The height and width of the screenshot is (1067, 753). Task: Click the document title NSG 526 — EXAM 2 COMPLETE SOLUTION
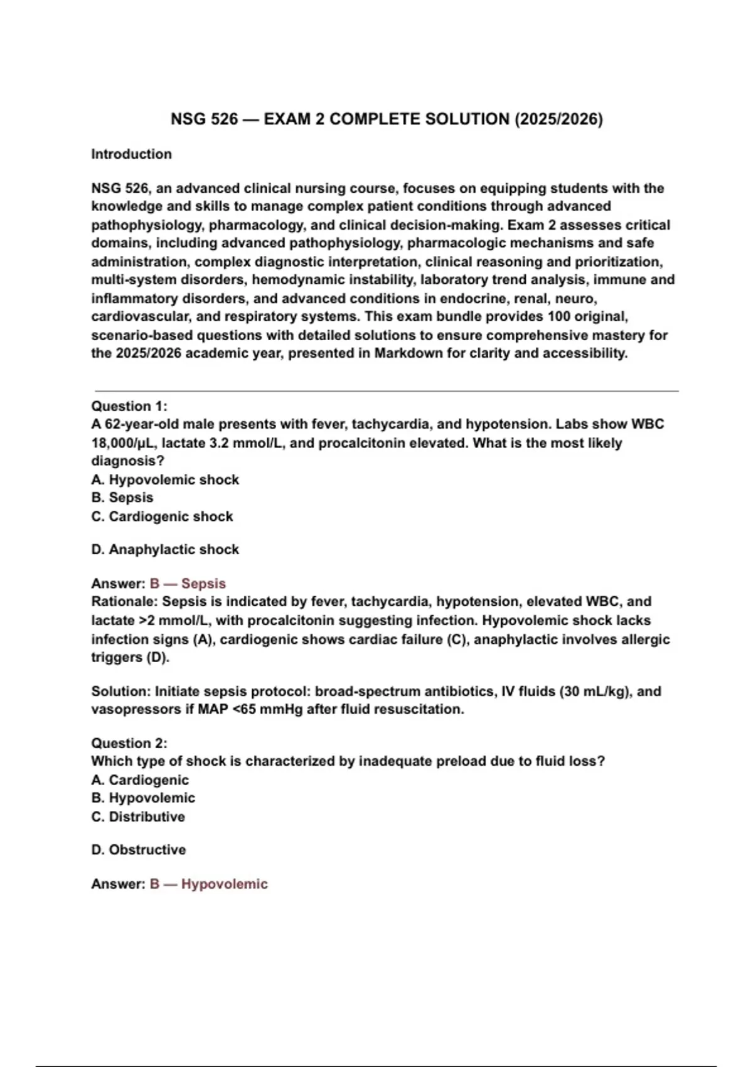point(387,119)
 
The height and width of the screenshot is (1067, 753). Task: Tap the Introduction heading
point(131,154)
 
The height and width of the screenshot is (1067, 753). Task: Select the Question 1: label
point(129,406)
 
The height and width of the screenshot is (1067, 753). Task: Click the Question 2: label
point(129,743)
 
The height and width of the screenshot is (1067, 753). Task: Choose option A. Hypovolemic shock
point(165,480)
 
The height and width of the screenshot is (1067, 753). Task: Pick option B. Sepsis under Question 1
point(122,498)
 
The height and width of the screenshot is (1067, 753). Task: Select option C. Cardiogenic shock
point(162,517)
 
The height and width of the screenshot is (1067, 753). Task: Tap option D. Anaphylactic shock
point(165,550)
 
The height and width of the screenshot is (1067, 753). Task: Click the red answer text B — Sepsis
point(187,584)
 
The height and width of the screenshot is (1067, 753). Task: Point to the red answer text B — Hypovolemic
point(208,884)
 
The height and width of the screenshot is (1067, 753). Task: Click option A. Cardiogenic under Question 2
point(139,780)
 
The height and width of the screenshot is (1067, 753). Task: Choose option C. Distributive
point(138,817)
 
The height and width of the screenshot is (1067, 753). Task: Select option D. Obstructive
point(138,850)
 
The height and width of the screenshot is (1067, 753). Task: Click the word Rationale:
point(124,601)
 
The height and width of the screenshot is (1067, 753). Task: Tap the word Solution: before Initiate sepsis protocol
point(121,692)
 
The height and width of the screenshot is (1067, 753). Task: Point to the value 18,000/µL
point(124,443)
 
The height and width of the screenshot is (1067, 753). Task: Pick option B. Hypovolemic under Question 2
point(143,798)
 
